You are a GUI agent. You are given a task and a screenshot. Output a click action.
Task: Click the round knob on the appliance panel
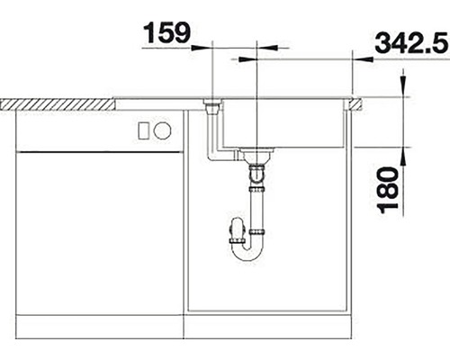click(x=163, y=130)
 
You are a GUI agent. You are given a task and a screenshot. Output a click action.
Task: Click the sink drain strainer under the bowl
click(x=258, y=155)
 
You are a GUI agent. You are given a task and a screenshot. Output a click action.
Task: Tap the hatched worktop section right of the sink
click(x=355, y=103)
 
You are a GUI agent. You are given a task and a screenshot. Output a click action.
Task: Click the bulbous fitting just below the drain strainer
click(x=258, y=170)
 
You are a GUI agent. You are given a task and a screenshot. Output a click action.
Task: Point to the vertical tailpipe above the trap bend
click(x=258, y=211)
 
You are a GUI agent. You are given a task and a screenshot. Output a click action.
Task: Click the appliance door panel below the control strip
click(x=99, y=234)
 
